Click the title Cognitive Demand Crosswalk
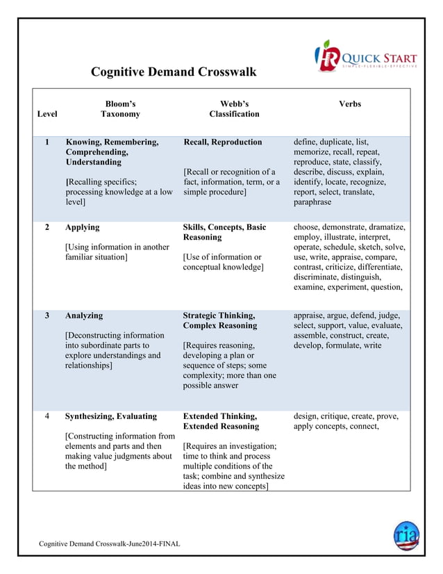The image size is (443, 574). coord(174,72)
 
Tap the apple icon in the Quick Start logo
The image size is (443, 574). coord(325,56)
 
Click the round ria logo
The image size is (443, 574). coord(406,534)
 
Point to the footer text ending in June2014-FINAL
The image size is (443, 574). coord(109,543)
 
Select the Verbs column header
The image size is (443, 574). coord(350,104)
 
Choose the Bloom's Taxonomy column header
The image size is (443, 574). coord(120,109)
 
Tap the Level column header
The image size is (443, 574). coord(47,114)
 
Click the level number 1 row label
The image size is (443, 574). coord(47,142)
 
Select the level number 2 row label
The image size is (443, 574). coord(47,227)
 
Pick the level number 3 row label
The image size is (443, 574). coord(47,315)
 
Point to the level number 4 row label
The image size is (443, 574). coord(47,416)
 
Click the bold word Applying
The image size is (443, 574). coord(82,227)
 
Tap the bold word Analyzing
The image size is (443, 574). coord(84,315)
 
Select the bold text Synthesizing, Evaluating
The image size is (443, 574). coord(110,416)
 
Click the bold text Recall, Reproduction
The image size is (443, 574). coord(222,142)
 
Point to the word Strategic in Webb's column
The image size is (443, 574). coord(202,315)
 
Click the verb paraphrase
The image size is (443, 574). coord(312,202)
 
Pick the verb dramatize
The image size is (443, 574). coord(385,227)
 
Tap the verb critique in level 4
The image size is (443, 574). coord(337,416)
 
